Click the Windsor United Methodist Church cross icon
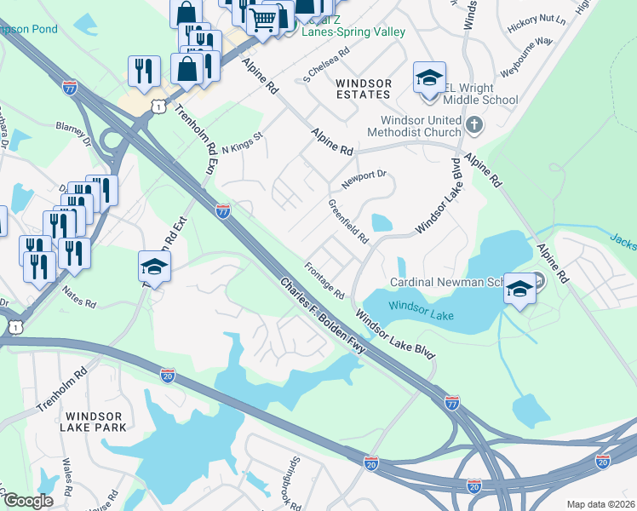pyautogui.click(x=475, y=127)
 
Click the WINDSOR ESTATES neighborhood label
pyautogui.click(x=364, y=89)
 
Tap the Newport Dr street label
pyautogui.click(x=364, y=180)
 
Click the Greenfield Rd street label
pyautogui.click(x=348, y=221)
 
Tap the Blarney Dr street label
pyautogui.click(x=72, y=129)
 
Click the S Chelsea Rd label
pyautogui.click(x=327, y=66)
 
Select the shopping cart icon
pyautogui.click(x=264, y=19)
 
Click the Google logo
pyautogui.click(x=27, y=501)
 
